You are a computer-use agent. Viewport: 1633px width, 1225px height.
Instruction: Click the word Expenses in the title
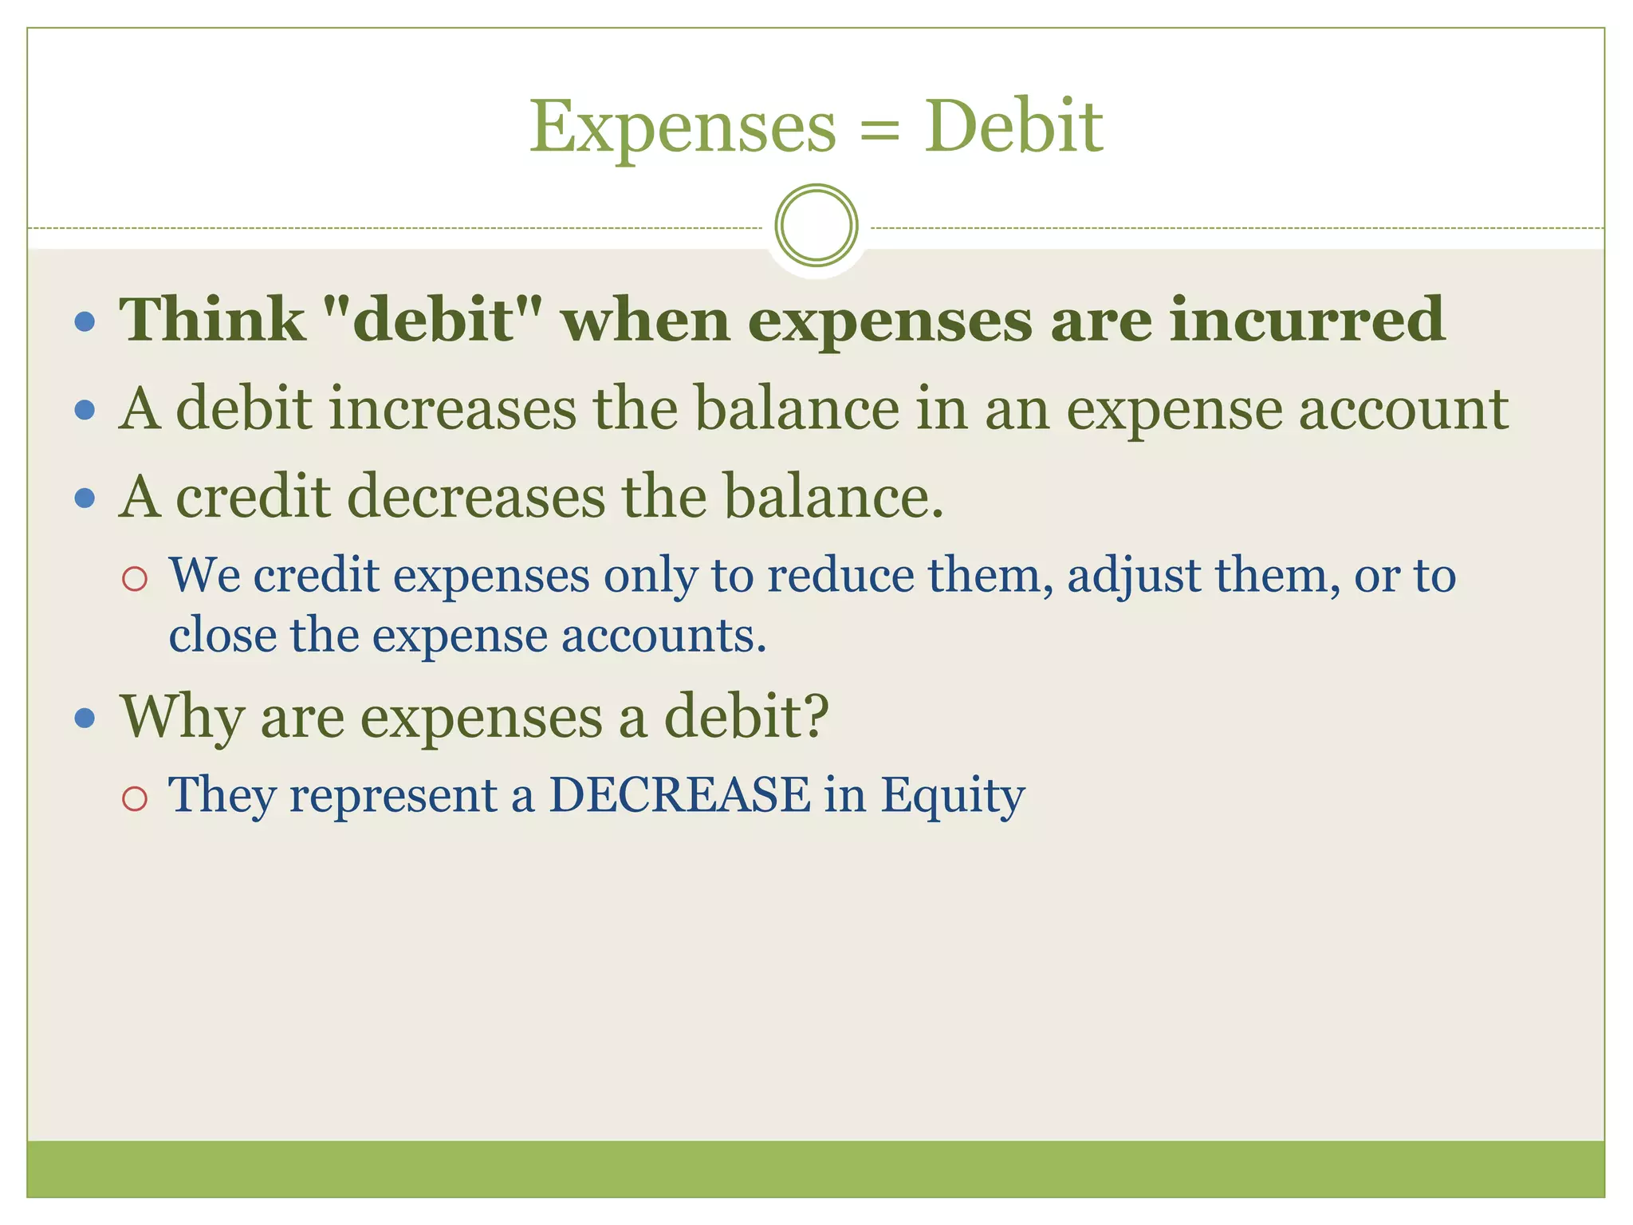point(683,128)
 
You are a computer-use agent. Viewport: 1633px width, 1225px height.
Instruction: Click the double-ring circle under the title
point(816,225)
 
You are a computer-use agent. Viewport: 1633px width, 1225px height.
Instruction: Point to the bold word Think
point(212,320)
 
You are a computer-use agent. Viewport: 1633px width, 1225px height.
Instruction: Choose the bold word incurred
point(1307,320)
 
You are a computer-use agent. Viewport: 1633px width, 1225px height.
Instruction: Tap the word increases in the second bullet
point(452,409)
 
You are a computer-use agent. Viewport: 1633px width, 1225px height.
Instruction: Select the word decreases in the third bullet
point(476,497)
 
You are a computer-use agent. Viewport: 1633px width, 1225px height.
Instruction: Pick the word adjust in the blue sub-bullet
point(1133,576)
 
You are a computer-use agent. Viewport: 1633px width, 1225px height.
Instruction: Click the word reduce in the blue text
point(840,575)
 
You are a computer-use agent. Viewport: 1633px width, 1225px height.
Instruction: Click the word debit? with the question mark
point(746,716)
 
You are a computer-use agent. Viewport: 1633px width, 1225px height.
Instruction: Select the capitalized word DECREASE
point(679,795)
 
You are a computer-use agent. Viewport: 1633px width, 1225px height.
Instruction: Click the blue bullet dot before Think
point(85,322)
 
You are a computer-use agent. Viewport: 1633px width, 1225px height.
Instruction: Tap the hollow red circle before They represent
point(135,798)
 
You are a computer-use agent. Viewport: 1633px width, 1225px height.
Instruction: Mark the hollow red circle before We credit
point(135,578)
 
